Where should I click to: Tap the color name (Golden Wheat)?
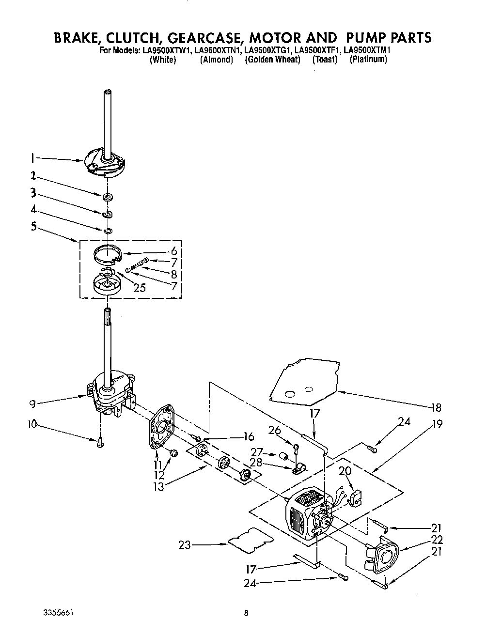(x=272, y=60)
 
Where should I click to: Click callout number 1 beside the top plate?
(x=32, y=157)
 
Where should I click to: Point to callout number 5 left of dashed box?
(x=33, y=226)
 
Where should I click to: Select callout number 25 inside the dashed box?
(x=139, y=288)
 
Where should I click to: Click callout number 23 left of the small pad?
(x=185, y=545)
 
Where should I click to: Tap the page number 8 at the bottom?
(x=246, y=613)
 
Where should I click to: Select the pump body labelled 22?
(x=381, y=555)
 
